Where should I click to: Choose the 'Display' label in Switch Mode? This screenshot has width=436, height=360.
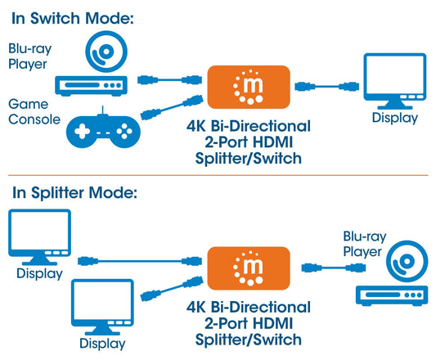394,119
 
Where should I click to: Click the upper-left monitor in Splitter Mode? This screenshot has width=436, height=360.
38,235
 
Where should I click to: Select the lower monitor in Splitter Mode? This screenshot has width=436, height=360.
102,306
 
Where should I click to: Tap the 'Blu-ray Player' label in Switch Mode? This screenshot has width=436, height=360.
28,56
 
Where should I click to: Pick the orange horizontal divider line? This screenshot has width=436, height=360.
218,175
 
